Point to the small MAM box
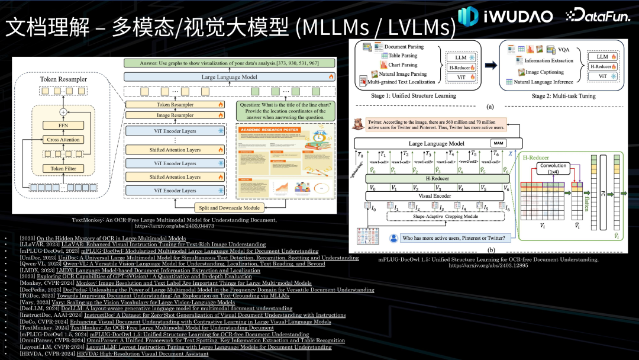point(497,143)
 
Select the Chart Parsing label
point(401,65)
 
